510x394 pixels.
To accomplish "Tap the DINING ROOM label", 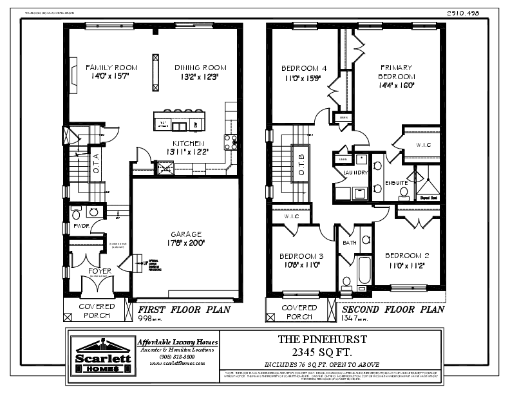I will (200, 67).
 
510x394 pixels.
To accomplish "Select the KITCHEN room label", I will (188, 143).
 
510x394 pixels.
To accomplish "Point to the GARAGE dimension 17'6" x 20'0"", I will (187, 243).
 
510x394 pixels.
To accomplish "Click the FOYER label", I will (95, 271).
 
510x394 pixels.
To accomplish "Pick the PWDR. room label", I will (80, 226).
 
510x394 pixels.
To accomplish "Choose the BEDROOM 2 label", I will (406, 256).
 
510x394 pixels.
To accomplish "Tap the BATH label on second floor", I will (350, 243).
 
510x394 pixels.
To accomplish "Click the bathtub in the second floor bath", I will (363, 270).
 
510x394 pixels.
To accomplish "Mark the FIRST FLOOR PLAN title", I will (184, 309).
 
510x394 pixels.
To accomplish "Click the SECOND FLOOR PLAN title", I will (392, 309).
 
